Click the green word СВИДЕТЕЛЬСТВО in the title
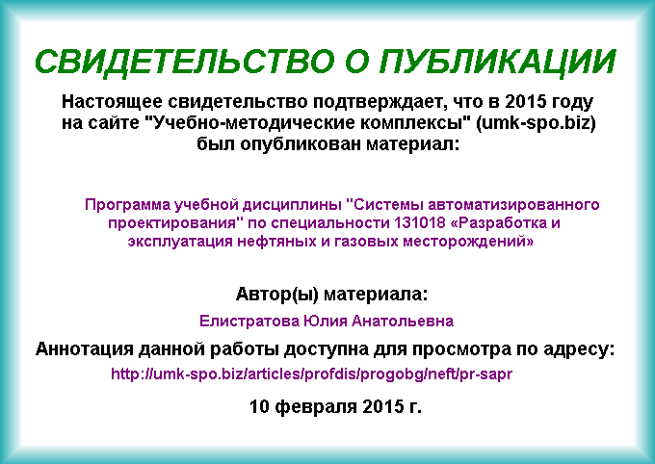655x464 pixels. [185, 62]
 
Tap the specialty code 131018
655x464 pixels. [419, 223]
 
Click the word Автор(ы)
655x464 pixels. [277, 294]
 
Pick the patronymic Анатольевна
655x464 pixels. [403, 321]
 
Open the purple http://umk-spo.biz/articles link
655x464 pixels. [312, 374]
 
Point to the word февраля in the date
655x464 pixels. [316, 406]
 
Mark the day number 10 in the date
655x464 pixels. [259, 406]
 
